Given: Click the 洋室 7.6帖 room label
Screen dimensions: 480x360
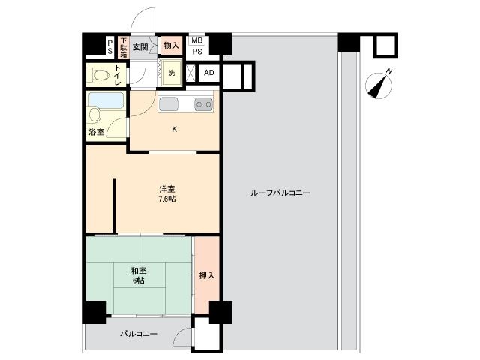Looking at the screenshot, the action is [x=167, y=194].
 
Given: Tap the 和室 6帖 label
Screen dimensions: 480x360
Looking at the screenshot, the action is [x=139, y=275].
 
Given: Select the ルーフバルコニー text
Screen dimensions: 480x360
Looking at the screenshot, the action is [x=280, y=193].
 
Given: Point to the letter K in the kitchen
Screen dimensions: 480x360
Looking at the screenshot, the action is [x=174, y=129].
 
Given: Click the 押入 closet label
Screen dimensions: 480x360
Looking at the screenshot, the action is [x=207, y=275].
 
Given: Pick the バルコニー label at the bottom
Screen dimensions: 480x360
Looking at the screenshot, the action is [x=139, y=333].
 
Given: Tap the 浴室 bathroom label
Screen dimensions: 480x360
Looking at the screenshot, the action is [x=97, y=132].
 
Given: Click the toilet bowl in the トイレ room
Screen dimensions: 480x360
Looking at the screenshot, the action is [x=98, y=75].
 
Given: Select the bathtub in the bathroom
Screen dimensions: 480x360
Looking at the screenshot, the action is [x=106, y=100].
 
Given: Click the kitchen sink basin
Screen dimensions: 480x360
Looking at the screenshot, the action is [x=168, y=104].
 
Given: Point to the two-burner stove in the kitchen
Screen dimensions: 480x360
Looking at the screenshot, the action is [x=204, y=104].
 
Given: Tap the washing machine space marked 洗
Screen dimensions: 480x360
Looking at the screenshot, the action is [x=172, y=73].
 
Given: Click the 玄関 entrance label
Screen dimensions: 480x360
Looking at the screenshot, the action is [x=140, y=47].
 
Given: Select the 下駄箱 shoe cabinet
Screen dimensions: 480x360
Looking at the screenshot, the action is [x=123, y=47].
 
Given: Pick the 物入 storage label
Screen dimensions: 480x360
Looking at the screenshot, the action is [x=172, y=46].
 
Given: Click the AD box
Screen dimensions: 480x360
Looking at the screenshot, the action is [x=209, y=73].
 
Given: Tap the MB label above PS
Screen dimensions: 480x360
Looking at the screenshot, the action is [x=197, y=40].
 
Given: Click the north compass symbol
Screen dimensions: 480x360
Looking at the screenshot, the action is [x=379, y=85].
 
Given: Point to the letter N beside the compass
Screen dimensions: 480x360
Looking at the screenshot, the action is [x=388, y=72].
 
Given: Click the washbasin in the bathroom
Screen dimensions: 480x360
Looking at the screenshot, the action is [x=94, y=115].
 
